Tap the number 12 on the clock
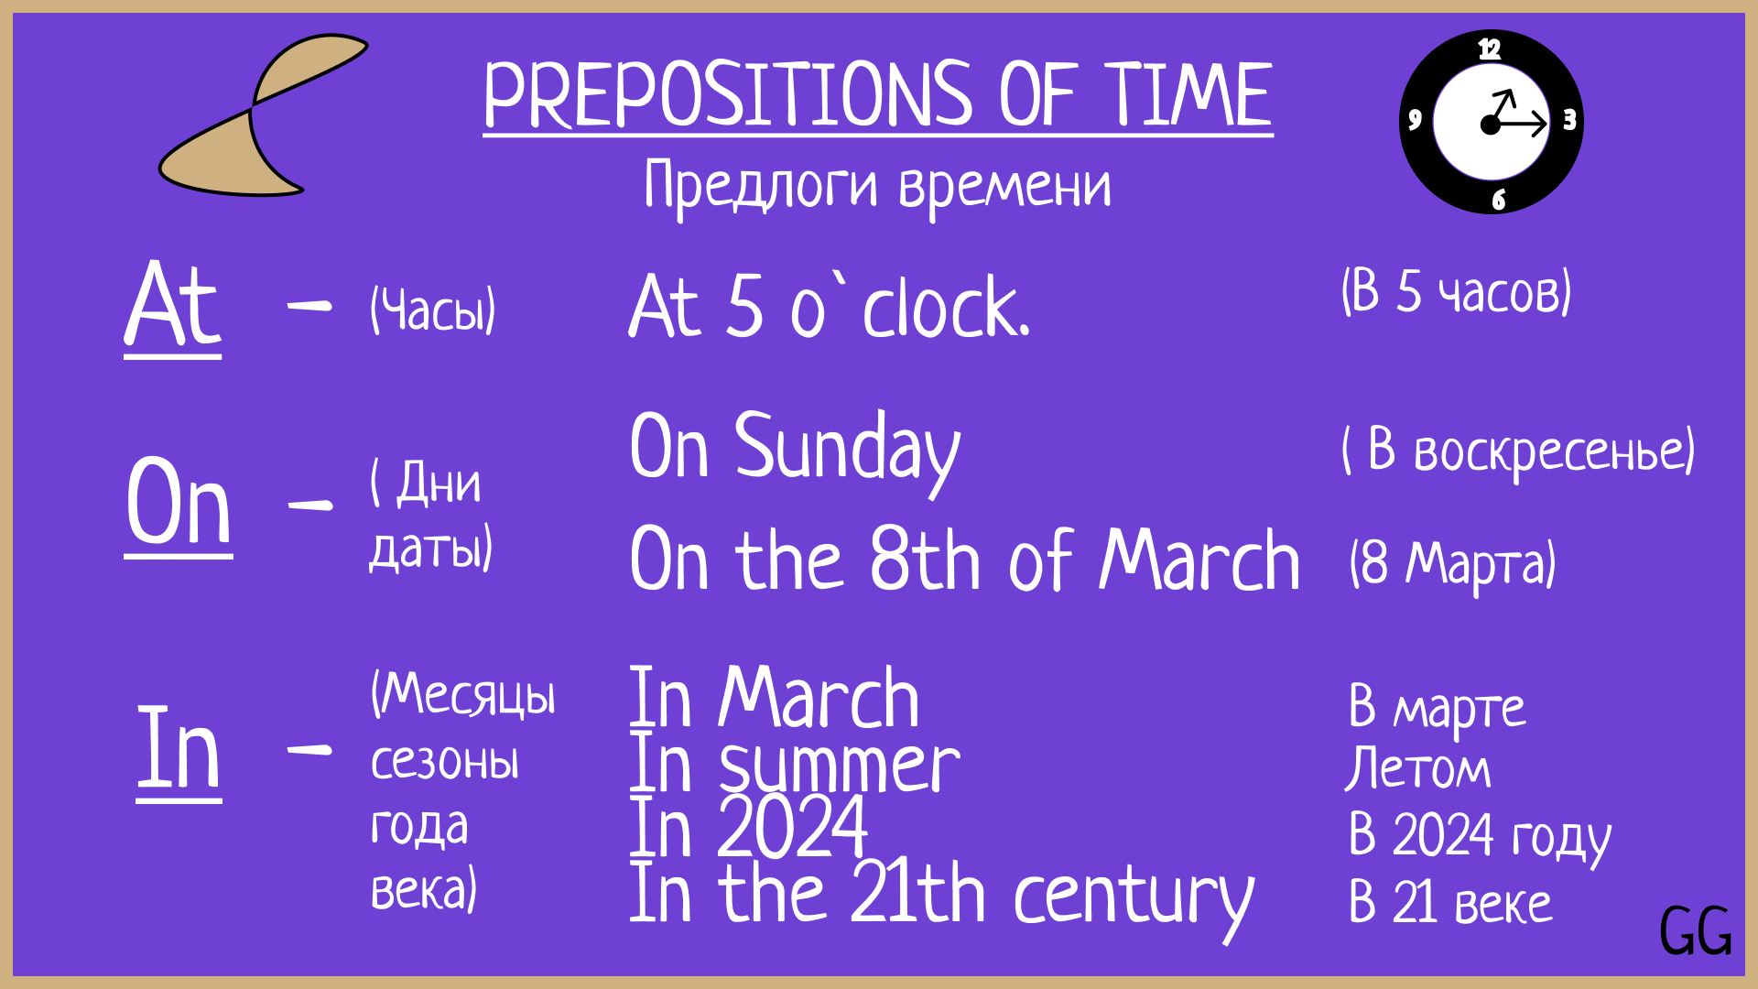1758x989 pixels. tap(1490, 49)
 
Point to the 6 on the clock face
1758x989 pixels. tap(1499, 200)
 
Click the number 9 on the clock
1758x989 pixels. tap(1415, 119)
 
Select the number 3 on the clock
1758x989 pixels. tap(1569, 120)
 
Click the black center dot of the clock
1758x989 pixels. tap(1491, 125)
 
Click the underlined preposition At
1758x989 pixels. tap(173, 305)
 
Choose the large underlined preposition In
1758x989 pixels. tap(179, 749)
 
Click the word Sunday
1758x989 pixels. tap(848, 451)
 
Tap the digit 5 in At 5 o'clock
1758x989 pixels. tap(744, 306)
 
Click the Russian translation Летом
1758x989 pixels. tap(1417, 767)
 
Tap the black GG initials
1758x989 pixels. tap(1696, 931)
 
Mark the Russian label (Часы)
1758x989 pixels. tap(433, 310)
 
